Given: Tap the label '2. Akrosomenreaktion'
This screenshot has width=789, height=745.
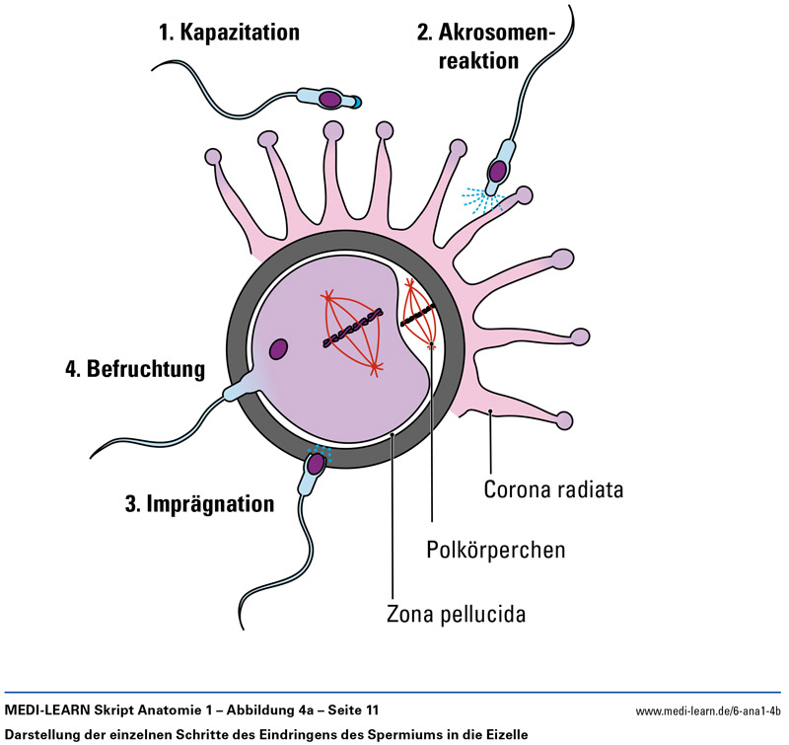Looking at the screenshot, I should click(x=486, y=46).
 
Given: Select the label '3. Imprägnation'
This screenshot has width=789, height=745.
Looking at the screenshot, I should click(x=198, y=503).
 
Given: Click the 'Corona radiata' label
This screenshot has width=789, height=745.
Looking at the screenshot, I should click(x=553, y=488).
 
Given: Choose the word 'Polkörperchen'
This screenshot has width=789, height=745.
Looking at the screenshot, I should click(x=496, y=549).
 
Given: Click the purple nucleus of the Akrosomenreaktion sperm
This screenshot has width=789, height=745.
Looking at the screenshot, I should click(x=500, y=171).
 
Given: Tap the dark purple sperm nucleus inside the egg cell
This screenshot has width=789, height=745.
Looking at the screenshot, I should click(x=279, y=348).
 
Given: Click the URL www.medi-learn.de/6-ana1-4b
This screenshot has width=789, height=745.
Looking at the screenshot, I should click(x=707, y=710).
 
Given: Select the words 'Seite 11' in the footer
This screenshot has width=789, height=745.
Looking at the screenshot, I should click(x=350, y=710).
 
